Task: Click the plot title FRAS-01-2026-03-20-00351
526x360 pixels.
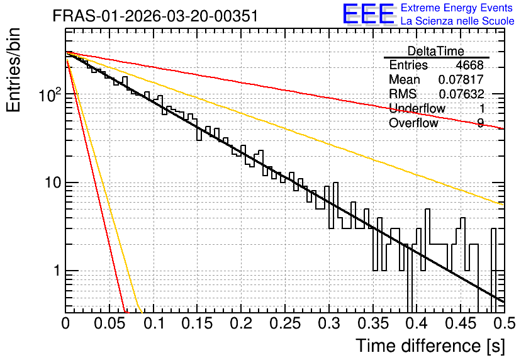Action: point(155,16)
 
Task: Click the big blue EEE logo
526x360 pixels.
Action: point(369,14)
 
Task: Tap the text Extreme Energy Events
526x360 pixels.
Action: point(457,8)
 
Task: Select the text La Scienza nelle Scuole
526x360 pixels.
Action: point(457,21)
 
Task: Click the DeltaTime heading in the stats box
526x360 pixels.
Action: point(436,51)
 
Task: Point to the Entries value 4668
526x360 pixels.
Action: point(469,65)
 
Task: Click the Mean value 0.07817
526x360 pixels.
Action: point(461,79)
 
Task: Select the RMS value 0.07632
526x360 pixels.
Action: point(461,94)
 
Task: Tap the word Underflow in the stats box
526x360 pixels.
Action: point(417,108)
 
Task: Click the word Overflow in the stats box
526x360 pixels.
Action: point(413,123)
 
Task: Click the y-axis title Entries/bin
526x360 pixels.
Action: point(13,70)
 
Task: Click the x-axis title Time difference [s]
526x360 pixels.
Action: point(430,346)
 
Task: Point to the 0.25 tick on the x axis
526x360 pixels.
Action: point(285,323)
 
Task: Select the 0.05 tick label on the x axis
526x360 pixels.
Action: point(109,323)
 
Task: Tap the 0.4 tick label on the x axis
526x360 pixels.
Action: point(417,323)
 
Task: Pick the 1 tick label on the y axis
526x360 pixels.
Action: point(57,271)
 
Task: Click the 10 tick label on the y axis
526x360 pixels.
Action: point(53,183)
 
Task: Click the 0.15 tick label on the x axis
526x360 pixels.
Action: point(198,323)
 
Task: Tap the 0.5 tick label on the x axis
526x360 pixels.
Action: point(504,323)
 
